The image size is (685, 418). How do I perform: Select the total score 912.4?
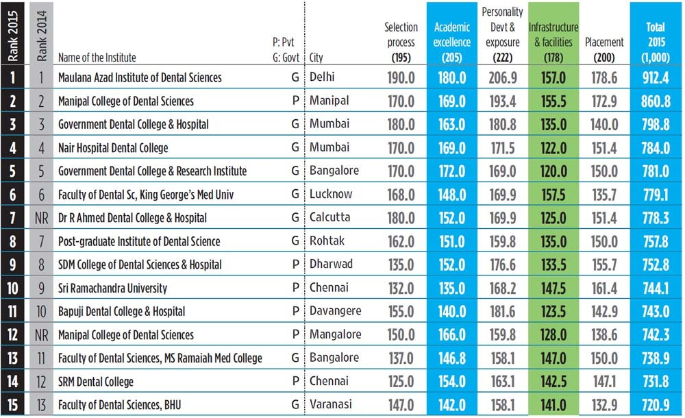(656, 78)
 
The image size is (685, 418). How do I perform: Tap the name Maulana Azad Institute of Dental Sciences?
(140, 77)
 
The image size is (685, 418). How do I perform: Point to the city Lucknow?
(331, 195)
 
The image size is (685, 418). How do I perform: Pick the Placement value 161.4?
(603, 288)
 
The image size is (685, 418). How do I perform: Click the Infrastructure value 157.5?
(553, 195)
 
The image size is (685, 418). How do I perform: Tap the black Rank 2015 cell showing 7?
(14, 218)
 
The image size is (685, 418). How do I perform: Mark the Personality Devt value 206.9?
(502, 78)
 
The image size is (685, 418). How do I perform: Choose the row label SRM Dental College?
(96, 381)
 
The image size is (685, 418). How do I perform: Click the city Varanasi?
(332, 404)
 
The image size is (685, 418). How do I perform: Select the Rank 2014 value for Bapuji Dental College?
(42, 311)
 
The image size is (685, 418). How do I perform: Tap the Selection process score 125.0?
(401, 381)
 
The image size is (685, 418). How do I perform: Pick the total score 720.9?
(656, 404)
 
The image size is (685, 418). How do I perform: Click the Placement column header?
(603, 42)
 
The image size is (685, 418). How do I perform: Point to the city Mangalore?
(335, 334)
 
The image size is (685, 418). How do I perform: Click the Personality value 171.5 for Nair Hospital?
(502, 148)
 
